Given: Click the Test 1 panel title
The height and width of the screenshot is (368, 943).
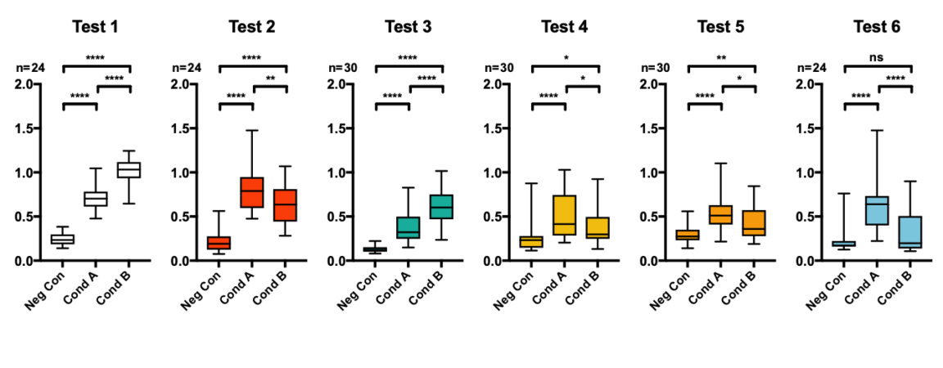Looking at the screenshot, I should pos(95,27).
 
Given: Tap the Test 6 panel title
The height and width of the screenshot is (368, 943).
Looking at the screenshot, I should pos(877,27).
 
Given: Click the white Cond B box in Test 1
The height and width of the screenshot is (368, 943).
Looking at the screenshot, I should pos(129,170).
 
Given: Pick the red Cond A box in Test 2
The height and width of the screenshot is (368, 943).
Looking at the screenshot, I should pos(252,192).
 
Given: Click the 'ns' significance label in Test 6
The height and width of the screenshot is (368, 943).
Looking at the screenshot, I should pos(878,58).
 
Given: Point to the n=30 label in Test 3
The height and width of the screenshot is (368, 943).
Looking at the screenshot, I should pos(342,67).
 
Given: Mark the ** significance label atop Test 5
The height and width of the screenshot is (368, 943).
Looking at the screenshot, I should pos(721,59).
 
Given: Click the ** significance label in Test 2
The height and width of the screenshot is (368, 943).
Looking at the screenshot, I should pos(269,79).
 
